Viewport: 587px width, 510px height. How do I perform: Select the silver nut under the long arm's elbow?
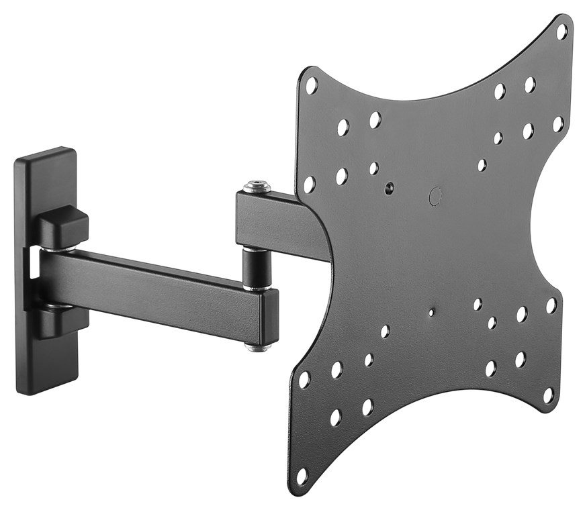tap(259, 347)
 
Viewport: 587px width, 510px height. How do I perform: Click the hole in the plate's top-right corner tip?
tap(561, 31)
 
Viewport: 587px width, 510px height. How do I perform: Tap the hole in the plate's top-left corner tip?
tap(311, 85)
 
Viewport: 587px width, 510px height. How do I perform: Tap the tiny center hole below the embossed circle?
tap(431, 312)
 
